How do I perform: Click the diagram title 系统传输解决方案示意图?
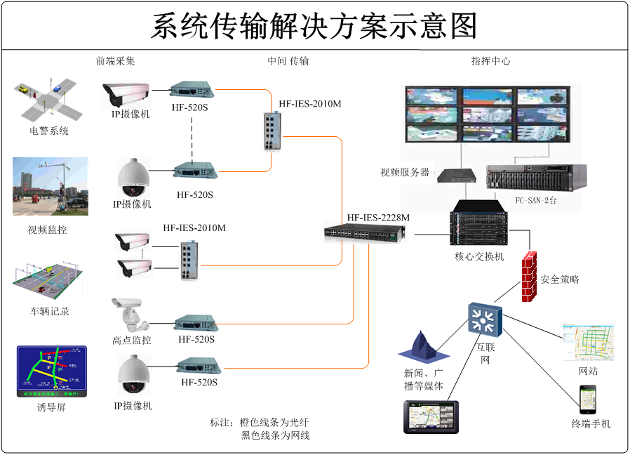(314, 27)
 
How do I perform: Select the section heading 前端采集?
(115, 61)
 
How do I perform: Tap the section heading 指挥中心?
(490, 61)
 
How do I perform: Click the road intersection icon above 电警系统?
(48, 100)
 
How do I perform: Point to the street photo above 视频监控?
(51, 186)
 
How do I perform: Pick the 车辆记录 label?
(50, 311)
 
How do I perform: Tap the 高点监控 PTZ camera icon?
(129, 314)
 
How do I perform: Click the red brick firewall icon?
(529, 276)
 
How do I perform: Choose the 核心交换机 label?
(479, 256)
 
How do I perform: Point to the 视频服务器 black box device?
(453, 174)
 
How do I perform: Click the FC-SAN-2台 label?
(536, 200)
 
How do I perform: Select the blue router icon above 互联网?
(485, 319)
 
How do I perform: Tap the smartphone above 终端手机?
(587, 400)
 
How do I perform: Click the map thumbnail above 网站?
(588, 342)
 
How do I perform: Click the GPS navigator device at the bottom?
(431, 416)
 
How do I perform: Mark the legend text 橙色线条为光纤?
(274, 422)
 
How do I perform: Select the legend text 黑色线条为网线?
(275, 435)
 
